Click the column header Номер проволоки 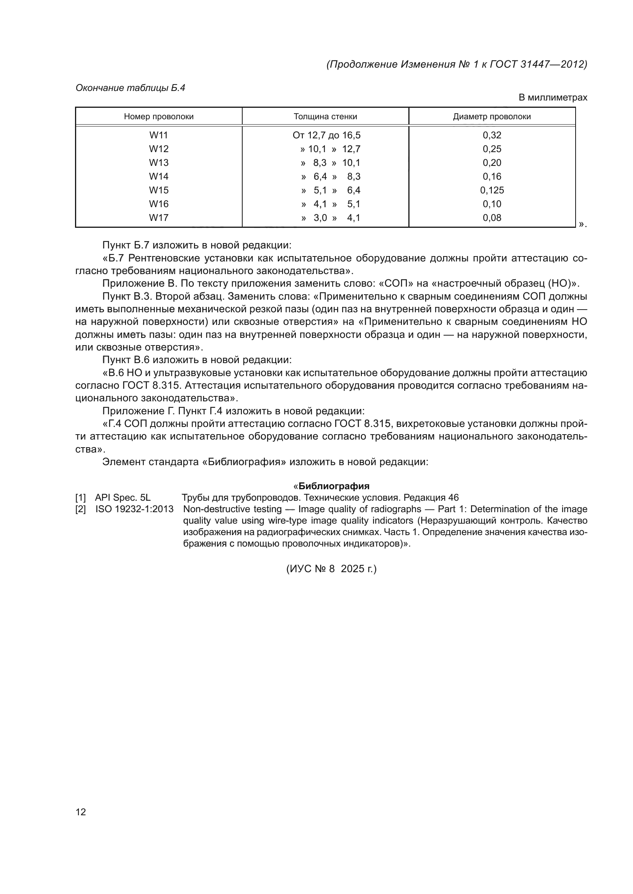click(159, 117)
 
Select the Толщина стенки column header click(325, 117)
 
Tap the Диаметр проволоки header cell click(492, 117)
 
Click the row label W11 click(159, 135)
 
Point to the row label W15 click(159, 190)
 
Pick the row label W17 click(159, 217)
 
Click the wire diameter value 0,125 click(492, 190)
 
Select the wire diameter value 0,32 click(492, 135)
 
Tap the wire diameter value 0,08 click(492, 217)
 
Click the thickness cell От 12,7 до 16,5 click(326, 135)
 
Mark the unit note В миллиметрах click(553, 97)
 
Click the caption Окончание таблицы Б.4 click(130, 88)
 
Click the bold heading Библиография click(334, 486)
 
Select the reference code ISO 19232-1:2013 click(134, 509)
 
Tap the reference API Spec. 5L click(123, 497)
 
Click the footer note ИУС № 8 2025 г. click(331, 569)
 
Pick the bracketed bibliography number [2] click(81, 509)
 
